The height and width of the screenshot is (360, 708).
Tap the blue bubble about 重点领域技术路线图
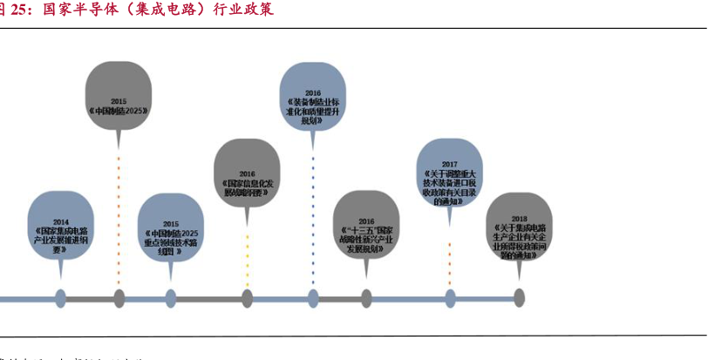click(x=170, y=234)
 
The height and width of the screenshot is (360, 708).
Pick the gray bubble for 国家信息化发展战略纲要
click(x=247, y=180)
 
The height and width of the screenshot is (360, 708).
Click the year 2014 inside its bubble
click(x=60, y=221)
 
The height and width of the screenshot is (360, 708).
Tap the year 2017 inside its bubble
click(x=449, y=164)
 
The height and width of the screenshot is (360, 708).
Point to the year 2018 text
click(x=519, y=218)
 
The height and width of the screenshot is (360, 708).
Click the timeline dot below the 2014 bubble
click(x=60, y=298)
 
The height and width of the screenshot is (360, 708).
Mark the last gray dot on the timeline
click(x=519, y=298)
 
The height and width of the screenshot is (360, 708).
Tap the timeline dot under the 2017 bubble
click(x=450, y=298)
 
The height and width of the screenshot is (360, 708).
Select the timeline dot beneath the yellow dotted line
click(x=247, y=298)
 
